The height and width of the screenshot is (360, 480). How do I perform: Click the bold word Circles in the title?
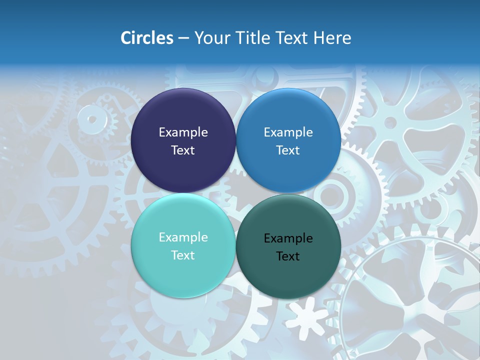147,38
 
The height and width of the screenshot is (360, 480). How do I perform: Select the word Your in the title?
209,38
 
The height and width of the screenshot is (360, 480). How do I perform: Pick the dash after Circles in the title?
183,38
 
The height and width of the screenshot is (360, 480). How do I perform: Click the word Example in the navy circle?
183,132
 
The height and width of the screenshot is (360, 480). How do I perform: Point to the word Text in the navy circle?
183,150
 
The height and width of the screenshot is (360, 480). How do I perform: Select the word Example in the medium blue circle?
288,132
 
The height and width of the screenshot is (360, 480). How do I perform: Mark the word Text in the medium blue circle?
288,150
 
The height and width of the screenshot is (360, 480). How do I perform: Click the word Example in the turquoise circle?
183,237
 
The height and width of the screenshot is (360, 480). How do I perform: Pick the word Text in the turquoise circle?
183,255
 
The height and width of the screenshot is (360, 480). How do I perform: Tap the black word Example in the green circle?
288,238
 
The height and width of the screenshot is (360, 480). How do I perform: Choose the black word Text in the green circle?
288,256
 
